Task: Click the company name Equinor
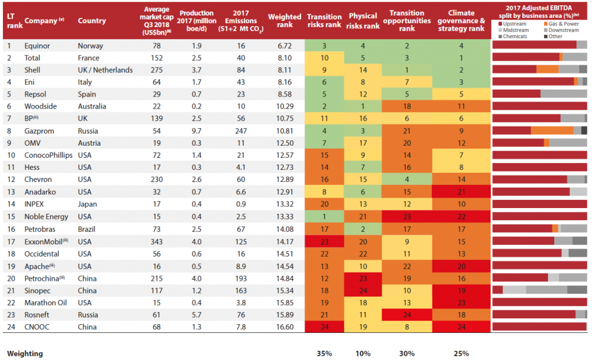click(36, 45)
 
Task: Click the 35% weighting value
click(324, 353)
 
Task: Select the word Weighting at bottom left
click(25, 353)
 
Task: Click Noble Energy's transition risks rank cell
click(324, 217)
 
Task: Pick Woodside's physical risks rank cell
click(363, 106)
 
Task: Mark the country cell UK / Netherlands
click(105, 70)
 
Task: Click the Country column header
click(92, 21)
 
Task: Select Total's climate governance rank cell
click(461, 58)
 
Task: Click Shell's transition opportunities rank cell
click(407, 70)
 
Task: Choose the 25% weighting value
click(461, 353)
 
